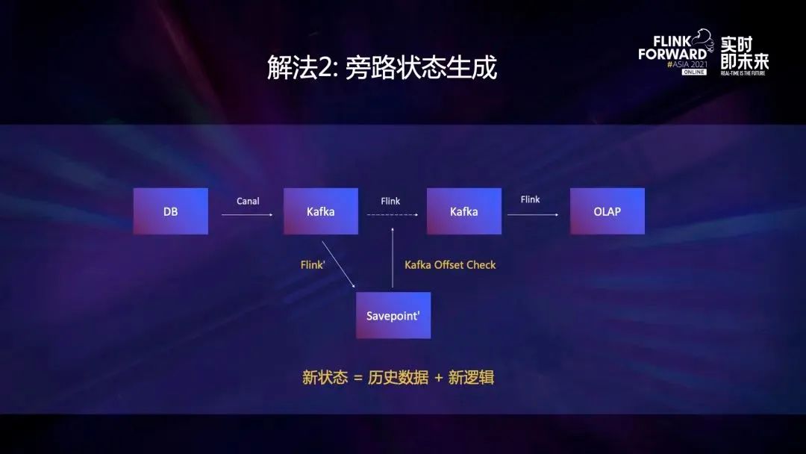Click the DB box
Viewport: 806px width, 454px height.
coord(171,211)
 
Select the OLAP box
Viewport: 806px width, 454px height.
coord(607,211)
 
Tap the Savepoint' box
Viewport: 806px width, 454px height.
coord(393,315)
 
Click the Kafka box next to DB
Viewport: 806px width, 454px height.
coord(321,211)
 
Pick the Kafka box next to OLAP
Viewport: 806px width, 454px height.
coord(463,211)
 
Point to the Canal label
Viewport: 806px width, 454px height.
coord(248,201)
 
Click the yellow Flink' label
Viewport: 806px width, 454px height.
coord(313,265)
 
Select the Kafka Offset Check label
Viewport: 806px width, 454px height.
coord(450,265)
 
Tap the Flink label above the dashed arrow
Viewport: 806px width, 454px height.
coord(390,201)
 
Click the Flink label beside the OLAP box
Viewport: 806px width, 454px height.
coord(530,199)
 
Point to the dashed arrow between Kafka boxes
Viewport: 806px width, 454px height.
coord(393,214)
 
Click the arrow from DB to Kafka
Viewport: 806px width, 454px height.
coord(247,214)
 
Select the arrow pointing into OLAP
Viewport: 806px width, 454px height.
coord(533,214)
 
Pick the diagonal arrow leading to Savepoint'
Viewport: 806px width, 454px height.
coord(338,264)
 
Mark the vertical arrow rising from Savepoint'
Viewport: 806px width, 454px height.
coord(393,258)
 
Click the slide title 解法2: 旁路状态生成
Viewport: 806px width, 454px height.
coord(382,67)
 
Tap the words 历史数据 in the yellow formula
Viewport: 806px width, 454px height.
coord(399,377)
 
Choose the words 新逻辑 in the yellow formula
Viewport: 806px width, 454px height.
coord(471,377)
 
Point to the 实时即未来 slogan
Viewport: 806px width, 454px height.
coord(744,53)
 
